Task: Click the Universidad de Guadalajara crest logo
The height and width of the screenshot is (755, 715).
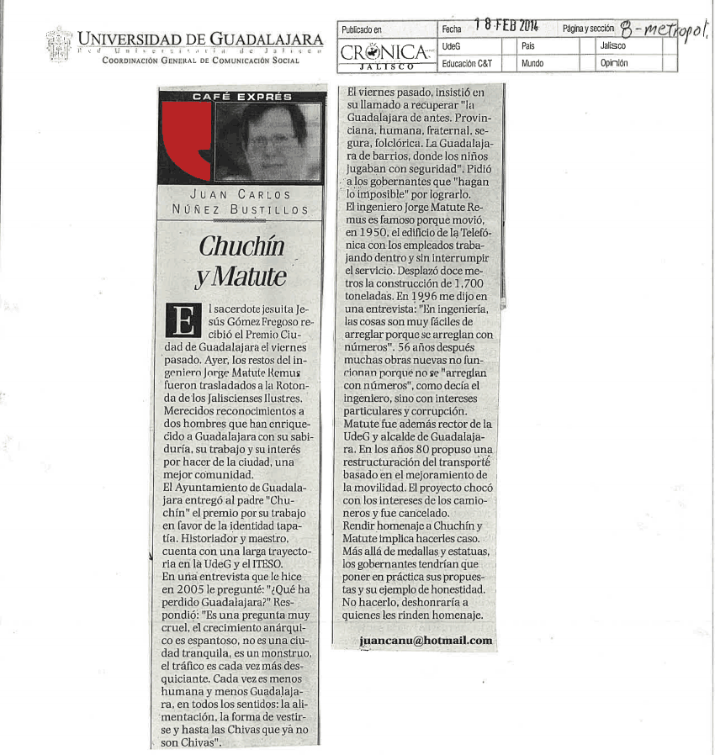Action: [x=59, y=45]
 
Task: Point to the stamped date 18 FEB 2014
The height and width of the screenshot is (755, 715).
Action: [x=506, y=26]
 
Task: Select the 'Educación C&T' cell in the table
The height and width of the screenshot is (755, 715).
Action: [x=467, y=63]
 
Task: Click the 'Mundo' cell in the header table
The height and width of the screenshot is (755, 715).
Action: [x=532, y=63]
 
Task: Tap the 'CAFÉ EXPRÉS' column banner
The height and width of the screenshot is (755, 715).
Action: [x=241, y=97]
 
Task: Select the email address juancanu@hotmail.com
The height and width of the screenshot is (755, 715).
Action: [x=425, y=641]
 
